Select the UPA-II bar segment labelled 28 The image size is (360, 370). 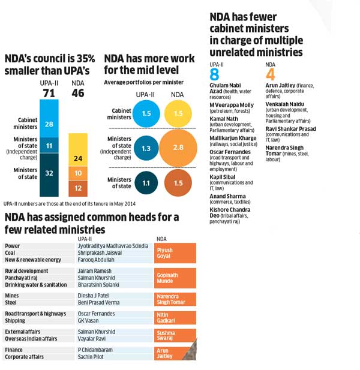click(50, 123)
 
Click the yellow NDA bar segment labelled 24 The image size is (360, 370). click(78, 159)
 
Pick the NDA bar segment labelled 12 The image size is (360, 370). click(78, 187)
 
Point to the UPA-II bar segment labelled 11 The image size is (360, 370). click(50, 145)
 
